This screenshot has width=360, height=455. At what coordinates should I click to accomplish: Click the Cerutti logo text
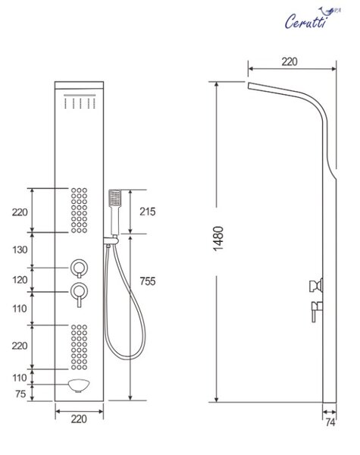pos(306,21)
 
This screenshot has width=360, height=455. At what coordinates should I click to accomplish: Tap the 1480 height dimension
pos(218,239)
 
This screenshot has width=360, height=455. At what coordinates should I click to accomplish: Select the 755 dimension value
pos(147,281)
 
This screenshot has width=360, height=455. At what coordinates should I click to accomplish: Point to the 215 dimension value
pos(147,212)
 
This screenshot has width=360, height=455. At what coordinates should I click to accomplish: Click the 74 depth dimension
pos(330,422)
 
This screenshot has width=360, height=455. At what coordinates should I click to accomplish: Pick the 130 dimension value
pos(20,249)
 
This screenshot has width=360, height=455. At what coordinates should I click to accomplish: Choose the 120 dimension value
pos(20,280)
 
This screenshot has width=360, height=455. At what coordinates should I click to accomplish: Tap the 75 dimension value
pos(20,394)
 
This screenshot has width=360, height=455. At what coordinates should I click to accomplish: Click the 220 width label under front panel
pos(79,419)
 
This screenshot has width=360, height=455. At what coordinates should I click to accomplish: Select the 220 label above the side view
pos(290,61)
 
